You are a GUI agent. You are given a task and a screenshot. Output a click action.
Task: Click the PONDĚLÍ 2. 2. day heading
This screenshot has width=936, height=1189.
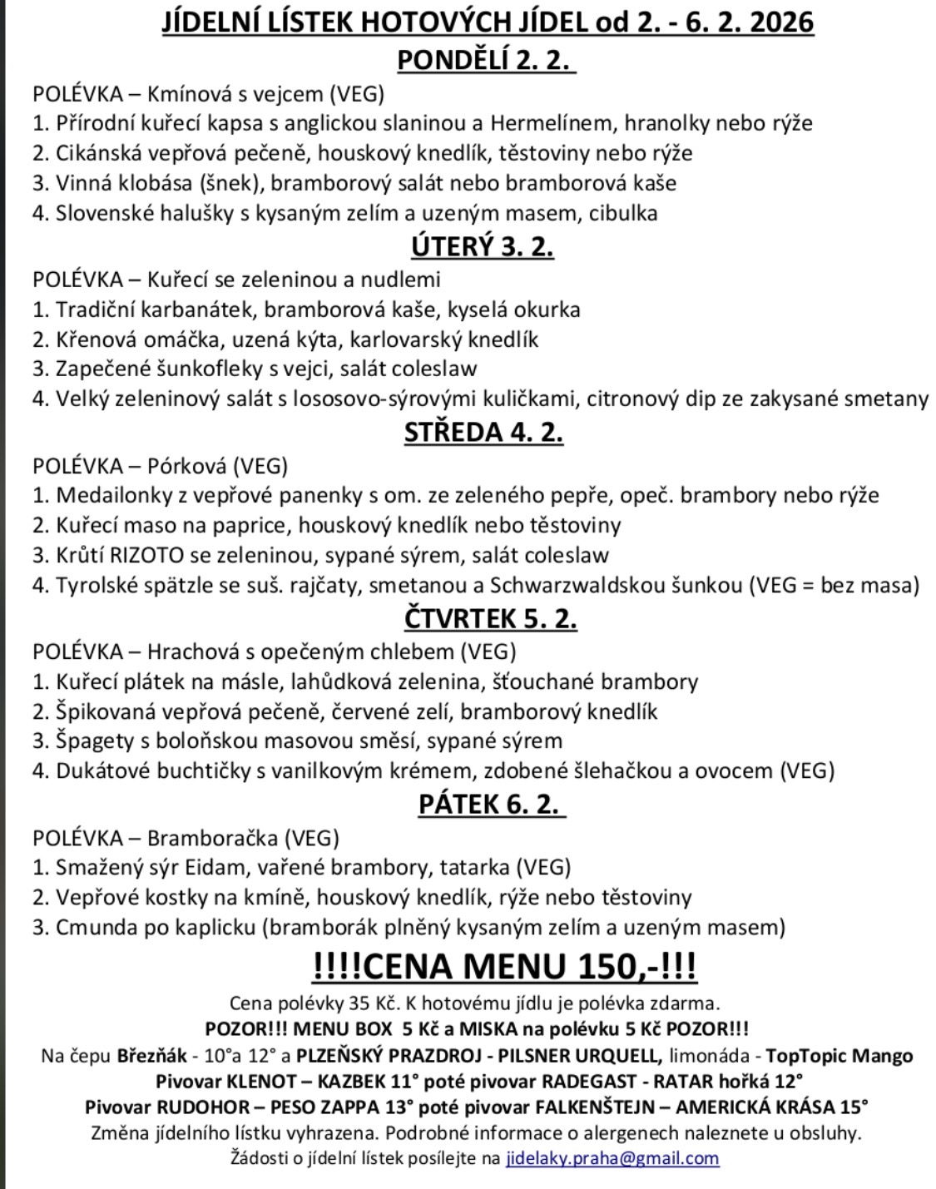[487, 60]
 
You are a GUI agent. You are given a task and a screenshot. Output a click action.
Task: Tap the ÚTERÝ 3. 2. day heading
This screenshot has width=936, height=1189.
[483, 246]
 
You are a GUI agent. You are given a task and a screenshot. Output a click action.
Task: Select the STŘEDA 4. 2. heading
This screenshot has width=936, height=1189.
[483, 432]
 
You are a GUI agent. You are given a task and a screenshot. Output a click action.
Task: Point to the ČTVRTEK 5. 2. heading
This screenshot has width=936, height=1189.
[491, 618]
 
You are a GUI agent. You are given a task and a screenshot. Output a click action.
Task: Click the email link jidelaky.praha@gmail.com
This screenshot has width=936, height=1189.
[612, 1157]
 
